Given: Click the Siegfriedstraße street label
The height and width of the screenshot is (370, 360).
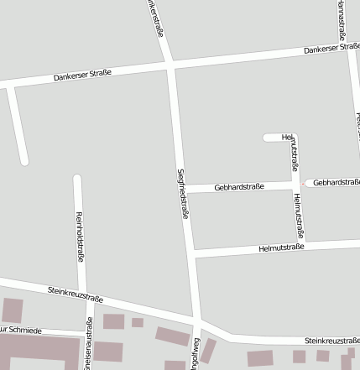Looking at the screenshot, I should [182, 193].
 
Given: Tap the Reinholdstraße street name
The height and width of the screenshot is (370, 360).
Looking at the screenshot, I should [80, 236].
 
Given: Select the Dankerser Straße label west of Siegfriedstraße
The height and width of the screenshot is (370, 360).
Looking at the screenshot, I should [82, 76].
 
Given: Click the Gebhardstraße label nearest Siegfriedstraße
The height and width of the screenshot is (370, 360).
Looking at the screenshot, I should [240, 186].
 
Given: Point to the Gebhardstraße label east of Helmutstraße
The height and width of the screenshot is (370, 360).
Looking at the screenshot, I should [336, 182].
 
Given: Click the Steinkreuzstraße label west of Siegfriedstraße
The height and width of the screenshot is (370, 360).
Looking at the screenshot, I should [76, 294].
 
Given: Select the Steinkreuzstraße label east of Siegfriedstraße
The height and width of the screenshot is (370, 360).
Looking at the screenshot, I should [331, 341].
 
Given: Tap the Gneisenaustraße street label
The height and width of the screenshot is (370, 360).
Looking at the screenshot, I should [89, 348].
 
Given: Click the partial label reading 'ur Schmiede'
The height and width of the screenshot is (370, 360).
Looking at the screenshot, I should [21, 331].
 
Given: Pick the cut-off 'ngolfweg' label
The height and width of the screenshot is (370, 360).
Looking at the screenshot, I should [195, 353].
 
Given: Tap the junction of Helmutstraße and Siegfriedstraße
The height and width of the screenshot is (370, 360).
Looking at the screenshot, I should [191, 250].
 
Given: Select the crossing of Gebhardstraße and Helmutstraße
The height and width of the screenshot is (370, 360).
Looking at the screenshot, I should [295, 184].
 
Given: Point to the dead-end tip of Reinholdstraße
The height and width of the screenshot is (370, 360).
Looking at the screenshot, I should [77, 179].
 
